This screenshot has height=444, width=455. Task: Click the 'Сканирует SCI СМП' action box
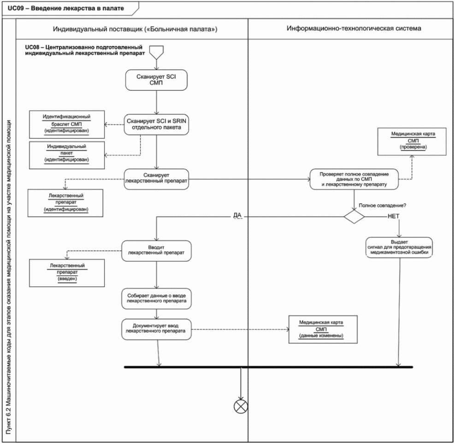(x=156, y=80)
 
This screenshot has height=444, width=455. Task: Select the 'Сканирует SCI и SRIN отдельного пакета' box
(x=156, y=124)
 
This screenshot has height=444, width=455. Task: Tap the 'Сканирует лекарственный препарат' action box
(x=156, y=179)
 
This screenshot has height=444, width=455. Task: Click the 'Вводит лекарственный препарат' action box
(x=156, y=251)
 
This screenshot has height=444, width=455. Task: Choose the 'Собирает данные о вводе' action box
(x=156, y=299)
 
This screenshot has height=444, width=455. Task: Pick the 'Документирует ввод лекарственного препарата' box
(x=156, y=329)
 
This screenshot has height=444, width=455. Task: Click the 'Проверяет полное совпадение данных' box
(x=354, y=179)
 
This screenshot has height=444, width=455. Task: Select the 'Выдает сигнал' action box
(x=399, y=247)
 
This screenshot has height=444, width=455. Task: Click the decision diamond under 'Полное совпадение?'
(x=354, y=217)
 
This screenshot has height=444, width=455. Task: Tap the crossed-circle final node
(x=241, y=406)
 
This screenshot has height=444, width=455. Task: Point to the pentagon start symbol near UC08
(x=156, y=53)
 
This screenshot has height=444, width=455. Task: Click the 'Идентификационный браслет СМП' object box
(x=67, y=124)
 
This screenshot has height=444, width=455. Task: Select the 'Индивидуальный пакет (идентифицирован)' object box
(x=67, y=155)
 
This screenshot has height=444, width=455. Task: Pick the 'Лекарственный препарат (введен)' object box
(x=67, y=273)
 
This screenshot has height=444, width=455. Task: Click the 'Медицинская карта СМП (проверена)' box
(x=412, y=142)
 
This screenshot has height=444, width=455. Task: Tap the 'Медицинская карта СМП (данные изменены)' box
(x=323, y=329)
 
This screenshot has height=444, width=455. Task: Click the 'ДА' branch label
(x=237, y=215)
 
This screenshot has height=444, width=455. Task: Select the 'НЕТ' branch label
(x=394, y=216)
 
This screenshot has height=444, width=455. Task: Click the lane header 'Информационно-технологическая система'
(x=354, y=29)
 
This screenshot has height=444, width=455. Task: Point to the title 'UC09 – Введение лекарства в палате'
(x=66, y=8)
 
